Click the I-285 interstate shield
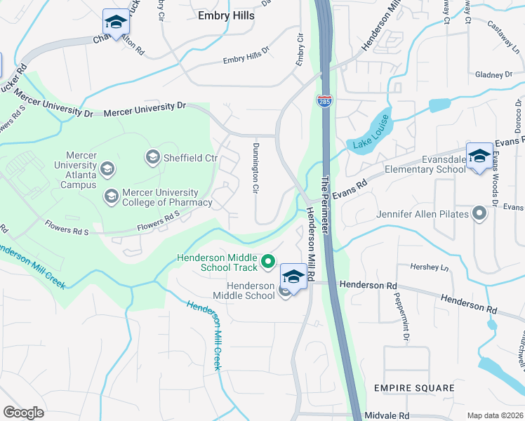click(x=324, y=101)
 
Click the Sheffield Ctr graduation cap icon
click(x=152, y=157)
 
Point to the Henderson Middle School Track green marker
click(x=267, y=262)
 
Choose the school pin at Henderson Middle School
click(x=293, y=276)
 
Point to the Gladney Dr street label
click(x=494, y=74)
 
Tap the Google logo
click(x=23, y=412)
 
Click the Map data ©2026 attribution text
click(x=495, y=415)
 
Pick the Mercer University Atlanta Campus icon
click(x=107, y=168)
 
